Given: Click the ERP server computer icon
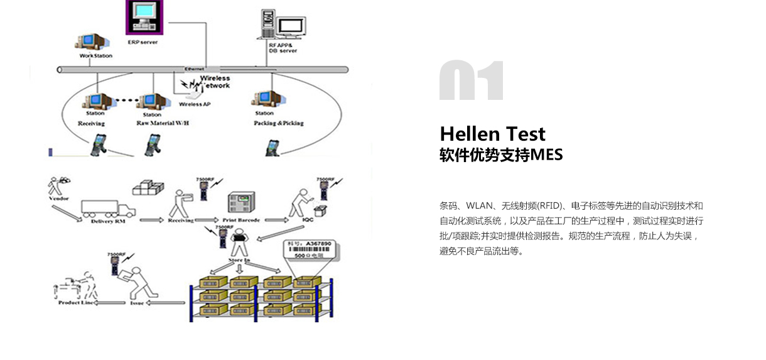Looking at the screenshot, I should pyautogui.click(x=142, y=17).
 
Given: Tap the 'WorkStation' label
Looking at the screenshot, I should pyautogui.click(x=96, y=56).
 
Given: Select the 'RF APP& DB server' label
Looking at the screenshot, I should pyautogui.click(x=283, y=48).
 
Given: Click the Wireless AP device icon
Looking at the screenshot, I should pyautogui.click(x=191, y=94).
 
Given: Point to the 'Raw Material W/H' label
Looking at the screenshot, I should pyautogui.click(x=162, y=123).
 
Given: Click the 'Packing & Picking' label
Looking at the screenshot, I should pyautogui.click(x=278, y=123).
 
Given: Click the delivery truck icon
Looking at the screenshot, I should pyautogui.click(x=109, y=207).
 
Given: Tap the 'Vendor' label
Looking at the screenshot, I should pyautogui.click(x=58, y=199).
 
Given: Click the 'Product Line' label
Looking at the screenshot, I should pyautogui.click(x=77, y=303).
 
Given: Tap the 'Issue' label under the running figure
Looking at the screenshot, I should pyautogui.click(x=137, y=303).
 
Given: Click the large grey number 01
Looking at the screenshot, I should pyautogui.click(x=471, y=80).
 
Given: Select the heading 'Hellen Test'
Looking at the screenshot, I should pyautogui.click(x=492, y=134).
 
